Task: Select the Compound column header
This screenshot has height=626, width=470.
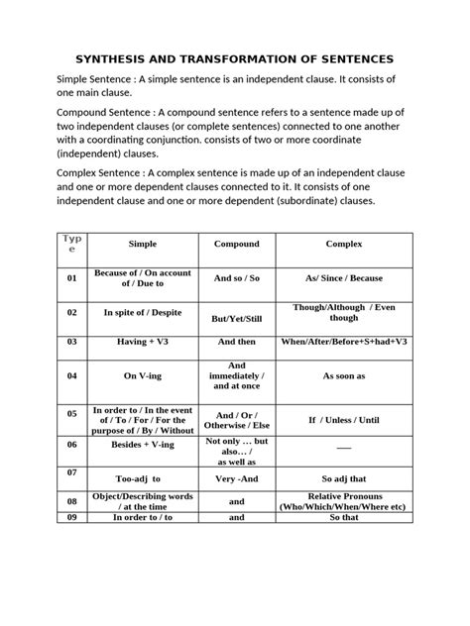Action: coord(237,244)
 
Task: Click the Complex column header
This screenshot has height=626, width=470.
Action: coord(344,244)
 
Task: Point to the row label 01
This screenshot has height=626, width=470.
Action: coord(71,279)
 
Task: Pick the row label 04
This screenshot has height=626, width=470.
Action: coord(71,376)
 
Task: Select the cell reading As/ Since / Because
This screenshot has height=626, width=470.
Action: coord(344,279)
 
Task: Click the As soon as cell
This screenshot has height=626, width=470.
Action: coord(344,376)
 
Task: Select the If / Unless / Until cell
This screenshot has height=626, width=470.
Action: coord(344,419)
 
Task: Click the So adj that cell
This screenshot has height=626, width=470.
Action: coord(344,476)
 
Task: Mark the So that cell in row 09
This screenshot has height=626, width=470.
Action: coord(344,516)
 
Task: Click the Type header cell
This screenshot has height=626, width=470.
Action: coord(71,244)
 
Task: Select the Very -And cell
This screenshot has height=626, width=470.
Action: coord(237,476)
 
